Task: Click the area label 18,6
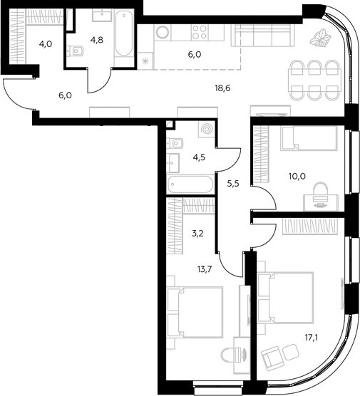point(222,88)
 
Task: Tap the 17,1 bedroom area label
point(312,338)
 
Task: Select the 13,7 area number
point(205,270)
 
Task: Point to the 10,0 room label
point(297,177)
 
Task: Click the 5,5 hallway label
point(233,184)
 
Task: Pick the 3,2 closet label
point(197,234)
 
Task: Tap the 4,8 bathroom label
point(96,40)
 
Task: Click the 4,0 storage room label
point(46,44)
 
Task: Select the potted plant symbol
point(320,38)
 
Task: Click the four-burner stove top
point(200,33)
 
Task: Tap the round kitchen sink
point(163,32)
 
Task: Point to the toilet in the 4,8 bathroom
point(76,51)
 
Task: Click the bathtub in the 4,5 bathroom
point(191,184)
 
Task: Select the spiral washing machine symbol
point(207,130)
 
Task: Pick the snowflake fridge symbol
point(145,61)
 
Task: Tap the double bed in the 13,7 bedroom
point(195,312)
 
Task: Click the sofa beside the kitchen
point(263,36)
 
